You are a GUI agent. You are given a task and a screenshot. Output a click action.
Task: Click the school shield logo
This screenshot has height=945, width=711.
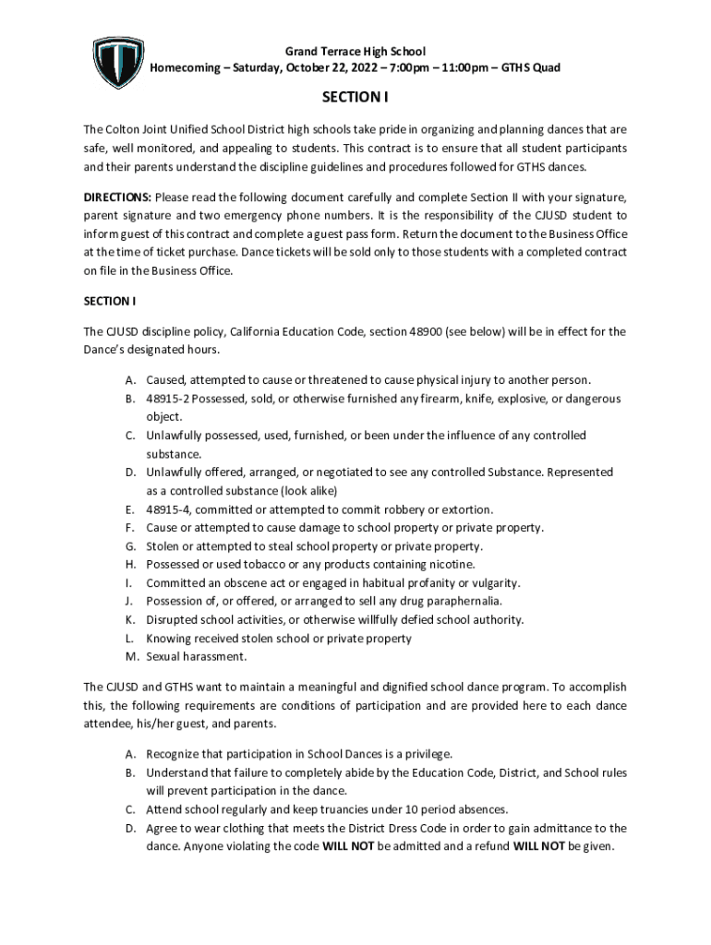click(x=119, y=62)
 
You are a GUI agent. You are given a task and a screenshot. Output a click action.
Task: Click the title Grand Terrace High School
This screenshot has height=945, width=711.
click(x=355, y=52)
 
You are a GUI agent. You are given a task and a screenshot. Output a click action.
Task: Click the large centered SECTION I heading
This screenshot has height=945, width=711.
click(x=355, y=97)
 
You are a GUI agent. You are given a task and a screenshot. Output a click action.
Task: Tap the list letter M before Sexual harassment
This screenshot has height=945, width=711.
click(x=132, y=657)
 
